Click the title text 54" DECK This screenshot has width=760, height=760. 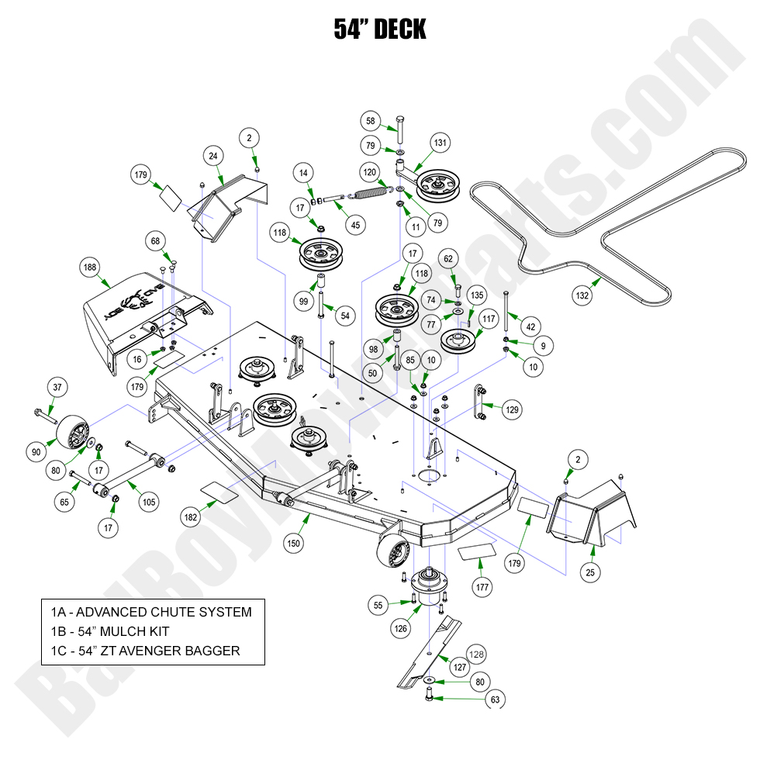(380, 29)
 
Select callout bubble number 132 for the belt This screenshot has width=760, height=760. (582, 295)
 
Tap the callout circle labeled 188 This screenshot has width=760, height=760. (90, 268)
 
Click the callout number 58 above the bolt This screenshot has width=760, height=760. (371, 121)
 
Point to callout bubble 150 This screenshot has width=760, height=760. (293, 543)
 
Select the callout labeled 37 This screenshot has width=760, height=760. (56, 387)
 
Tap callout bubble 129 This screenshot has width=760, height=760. (511, 409)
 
